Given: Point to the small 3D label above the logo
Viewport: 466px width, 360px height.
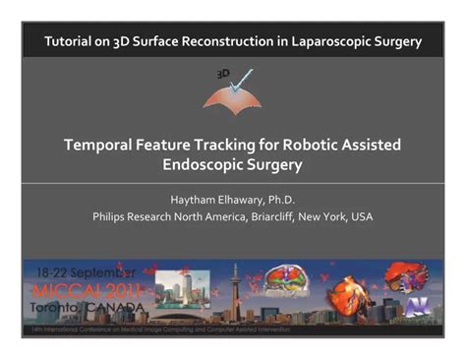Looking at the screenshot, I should (223, 74).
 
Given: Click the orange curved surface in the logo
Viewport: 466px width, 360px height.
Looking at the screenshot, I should (233, 96).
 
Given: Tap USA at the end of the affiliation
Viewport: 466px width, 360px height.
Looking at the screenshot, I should (360, 216).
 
